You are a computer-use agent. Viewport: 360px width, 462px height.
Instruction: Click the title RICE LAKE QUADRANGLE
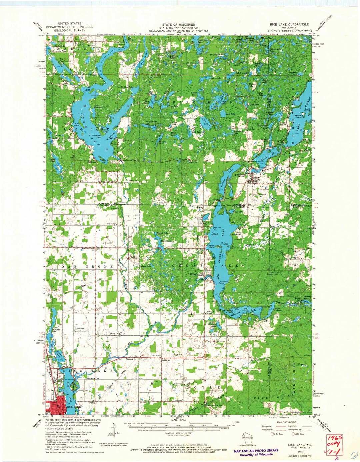click(x=289, y=25)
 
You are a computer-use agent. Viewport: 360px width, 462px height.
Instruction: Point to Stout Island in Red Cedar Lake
click(x=212, y=246)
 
